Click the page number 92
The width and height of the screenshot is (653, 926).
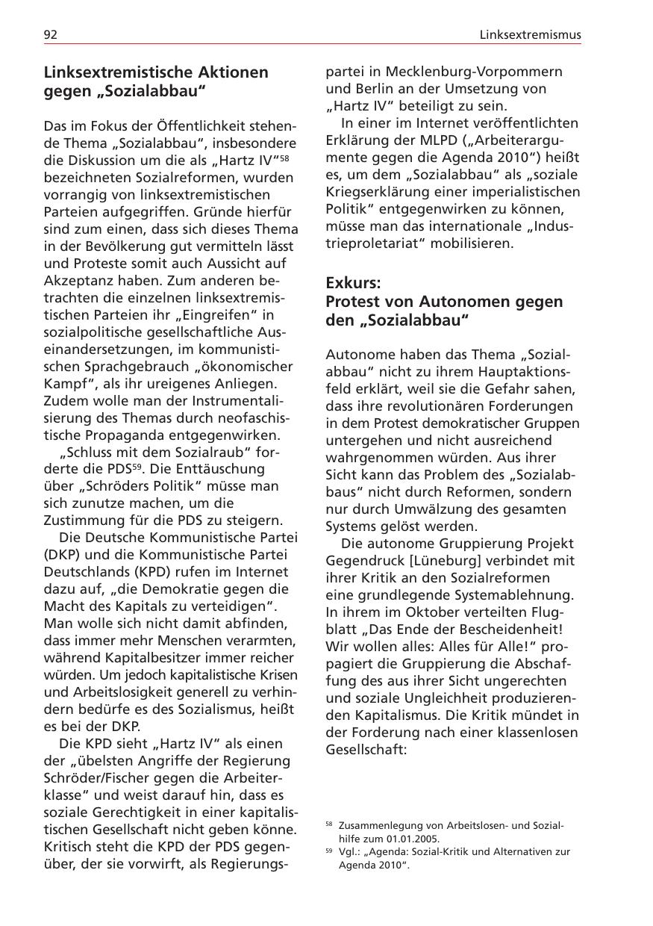[51, 35]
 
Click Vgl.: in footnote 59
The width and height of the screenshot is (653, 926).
[351, 851]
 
